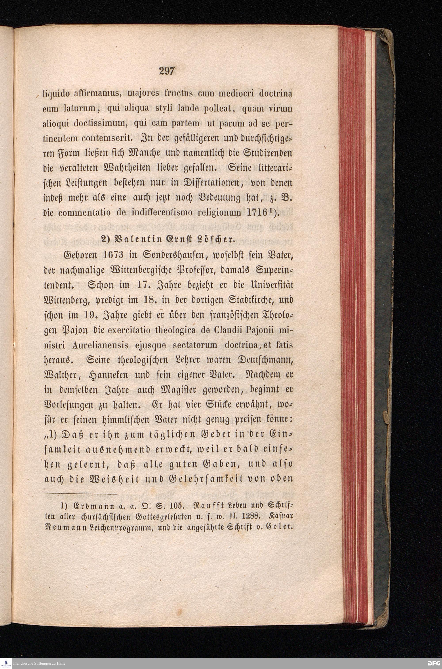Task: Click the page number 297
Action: coord(167,71)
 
